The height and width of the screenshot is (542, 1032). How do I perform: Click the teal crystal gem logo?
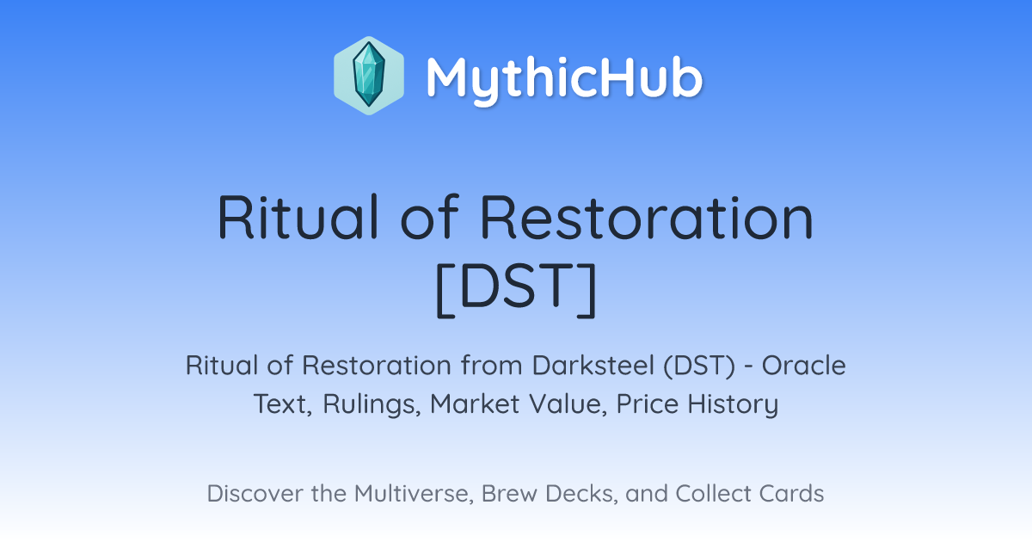369,75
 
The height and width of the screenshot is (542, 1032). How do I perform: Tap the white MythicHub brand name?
565,78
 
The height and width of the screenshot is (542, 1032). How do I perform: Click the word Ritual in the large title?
298,218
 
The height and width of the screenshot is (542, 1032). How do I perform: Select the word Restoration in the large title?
647,218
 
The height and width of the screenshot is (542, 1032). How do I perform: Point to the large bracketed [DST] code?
516,290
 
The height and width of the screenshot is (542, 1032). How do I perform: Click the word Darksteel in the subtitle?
593,366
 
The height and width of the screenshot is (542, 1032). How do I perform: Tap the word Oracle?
803,366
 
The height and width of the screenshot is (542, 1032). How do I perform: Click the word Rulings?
372,404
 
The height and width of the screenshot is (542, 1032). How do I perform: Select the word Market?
475,403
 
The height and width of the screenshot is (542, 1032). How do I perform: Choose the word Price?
648,403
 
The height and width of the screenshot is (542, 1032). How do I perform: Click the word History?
733,404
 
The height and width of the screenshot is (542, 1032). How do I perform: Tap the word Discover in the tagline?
255,494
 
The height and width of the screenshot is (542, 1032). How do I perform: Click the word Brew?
509,494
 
